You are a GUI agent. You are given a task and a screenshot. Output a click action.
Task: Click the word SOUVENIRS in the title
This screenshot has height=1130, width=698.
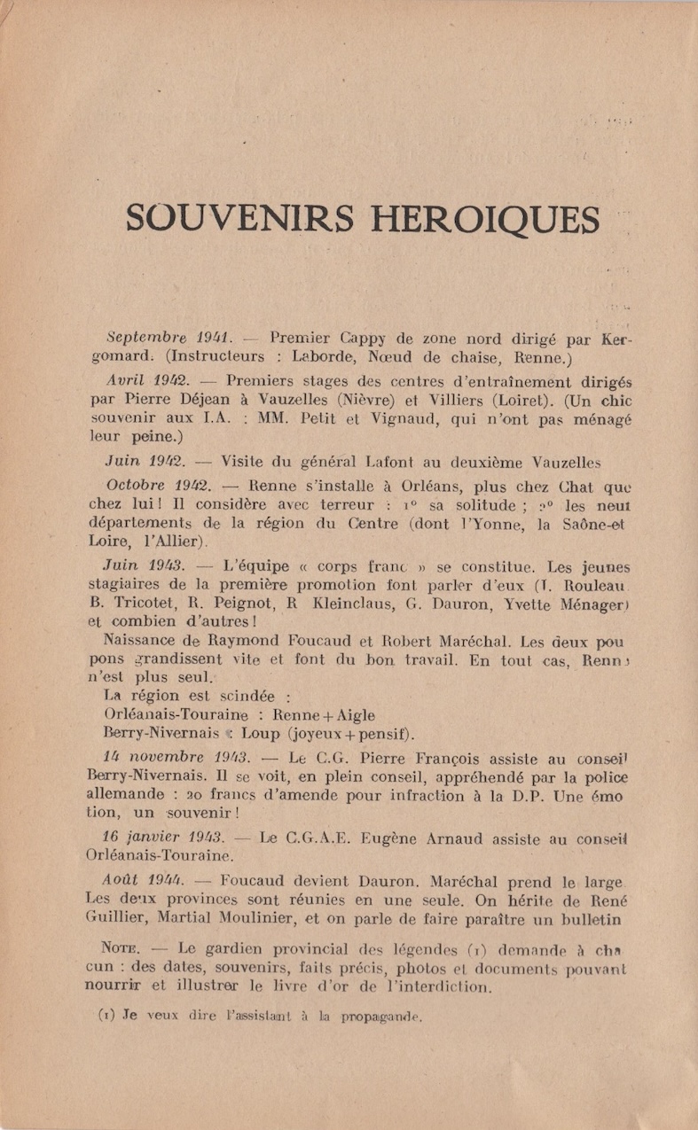coord(239,219)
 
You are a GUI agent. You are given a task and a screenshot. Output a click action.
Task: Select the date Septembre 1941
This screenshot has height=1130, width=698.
coord(169,337)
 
